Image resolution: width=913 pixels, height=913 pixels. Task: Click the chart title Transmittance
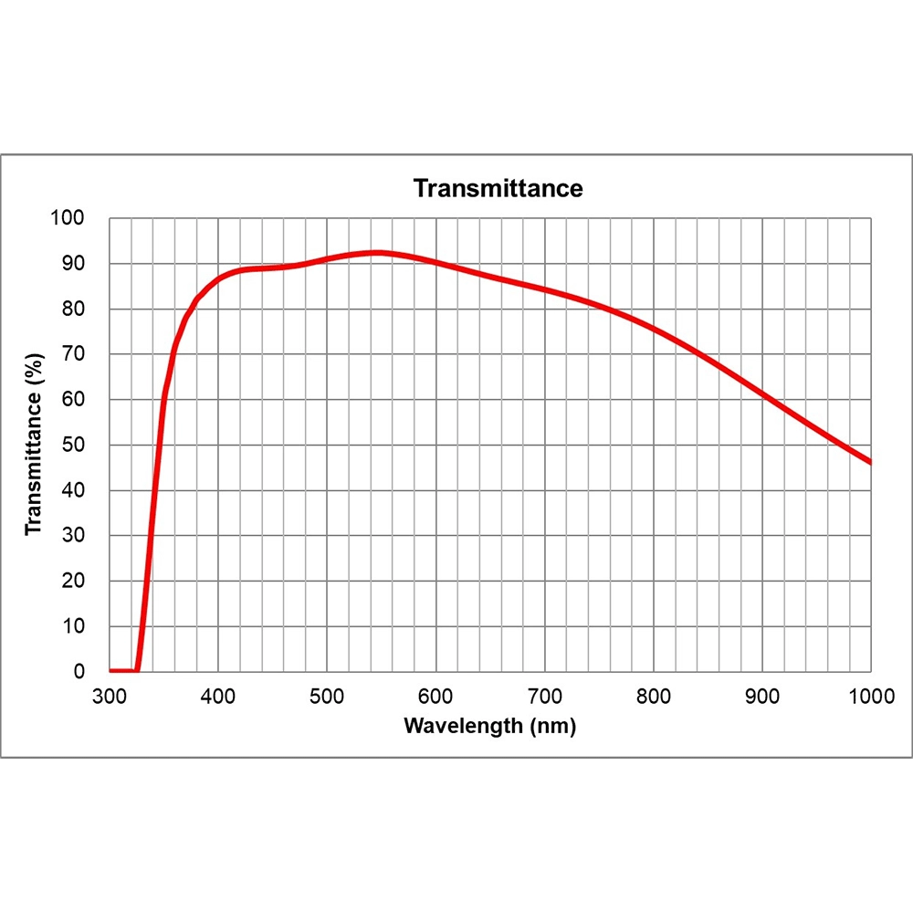498,189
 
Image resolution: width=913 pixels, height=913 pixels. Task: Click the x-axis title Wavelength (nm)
490,727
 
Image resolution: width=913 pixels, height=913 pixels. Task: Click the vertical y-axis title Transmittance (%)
34,445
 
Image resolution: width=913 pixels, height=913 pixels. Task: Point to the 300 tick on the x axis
110,696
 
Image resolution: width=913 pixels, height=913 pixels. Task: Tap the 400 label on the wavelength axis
218,696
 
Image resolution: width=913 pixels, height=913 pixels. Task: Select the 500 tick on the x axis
327,696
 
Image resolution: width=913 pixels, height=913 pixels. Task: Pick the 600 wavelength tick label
436,696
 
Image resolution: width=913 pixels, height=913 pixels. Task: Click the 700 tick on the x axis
544,696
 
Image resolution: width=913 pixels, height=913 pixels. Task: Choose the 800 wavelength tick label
653,696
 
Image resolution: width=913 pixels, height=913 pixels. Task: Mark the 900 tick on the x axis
761,696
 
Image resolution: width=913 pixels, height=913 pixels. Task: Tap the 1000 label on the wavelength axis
869,696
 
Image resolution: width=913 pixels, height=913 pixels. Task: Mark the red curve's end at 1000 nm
870,462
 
